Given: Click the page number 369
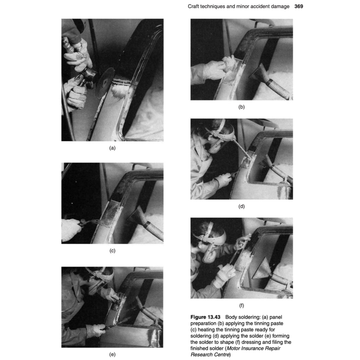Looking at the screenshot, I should [298, 6].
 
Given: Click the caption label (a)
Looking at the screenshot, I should [112, 148].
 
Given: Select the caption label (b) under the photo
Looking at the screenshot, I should [242, 107].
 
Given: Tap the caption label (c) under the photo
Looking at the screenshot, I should [112, 251].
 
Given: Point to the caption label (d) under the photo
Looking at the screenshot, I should [242, 206].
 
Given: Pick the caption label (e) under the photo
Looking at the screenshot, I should [112, 354].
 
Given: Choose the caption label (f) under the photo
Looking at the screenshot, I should [242, 306].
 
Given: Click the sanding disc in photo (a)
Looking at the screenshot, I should [105, 82].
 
